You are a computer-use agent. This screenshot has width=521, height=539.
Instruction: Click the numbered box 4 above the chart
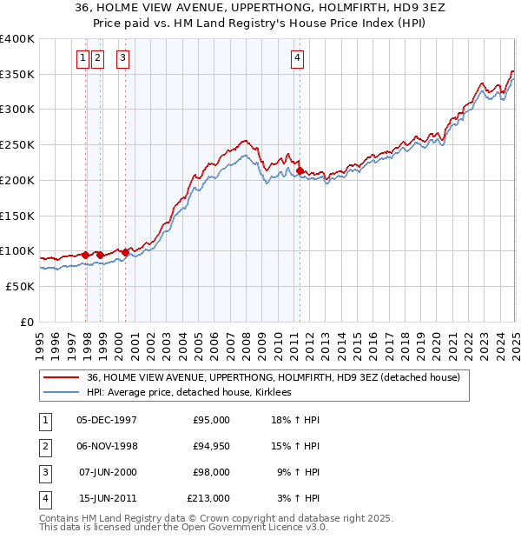pyautogui.click(x=297, y=59)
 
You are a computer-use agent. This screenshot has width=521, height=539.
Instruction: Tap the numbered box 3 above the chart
pyautogui.click(x=122, y=59)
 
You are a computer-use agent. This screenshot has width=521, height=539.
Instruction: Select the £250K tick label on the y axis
pyautogui.click(x=17, y=145)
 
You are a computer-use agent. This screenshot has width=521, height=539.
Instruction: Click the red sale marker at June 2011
pyautogui.click(x=300, y=171)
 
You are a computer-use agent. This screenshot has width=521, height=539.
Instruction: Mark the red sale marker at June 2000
pyautogui.click(x=125, y=252)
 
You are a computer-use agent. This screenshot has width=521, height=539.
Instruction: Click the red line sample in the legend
pyautogui.click(x=62, y=377)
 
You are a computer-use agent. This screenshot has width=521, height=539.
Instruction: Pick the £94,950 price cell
pyautogui.click(x=209, y=446)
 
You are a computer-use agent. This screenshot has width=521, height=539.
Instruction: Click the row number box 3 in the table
pyautogui.click(x=44, y=472)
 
